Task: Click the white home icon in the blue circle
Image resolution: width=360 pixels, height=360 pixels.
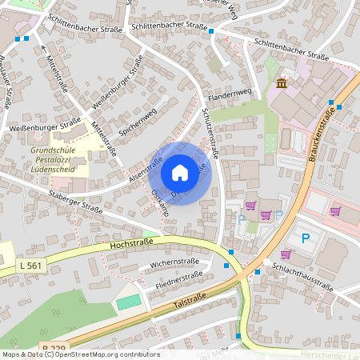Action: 180,173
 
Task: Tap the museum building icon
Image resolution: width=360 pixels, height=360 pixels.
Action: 282,83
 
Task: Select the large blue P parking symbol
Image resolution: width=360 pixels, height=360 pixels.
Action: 305,238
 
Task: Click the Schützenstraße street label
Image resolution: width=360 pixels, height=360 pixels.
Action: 210,133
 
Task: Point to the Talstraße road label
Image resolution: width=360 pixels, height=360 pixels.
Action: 193,302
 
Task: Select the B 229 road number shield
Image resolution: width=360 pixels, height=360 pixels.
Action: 54,348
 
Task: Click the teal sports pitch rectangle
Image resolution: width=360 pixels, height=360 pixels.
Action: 127,302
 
